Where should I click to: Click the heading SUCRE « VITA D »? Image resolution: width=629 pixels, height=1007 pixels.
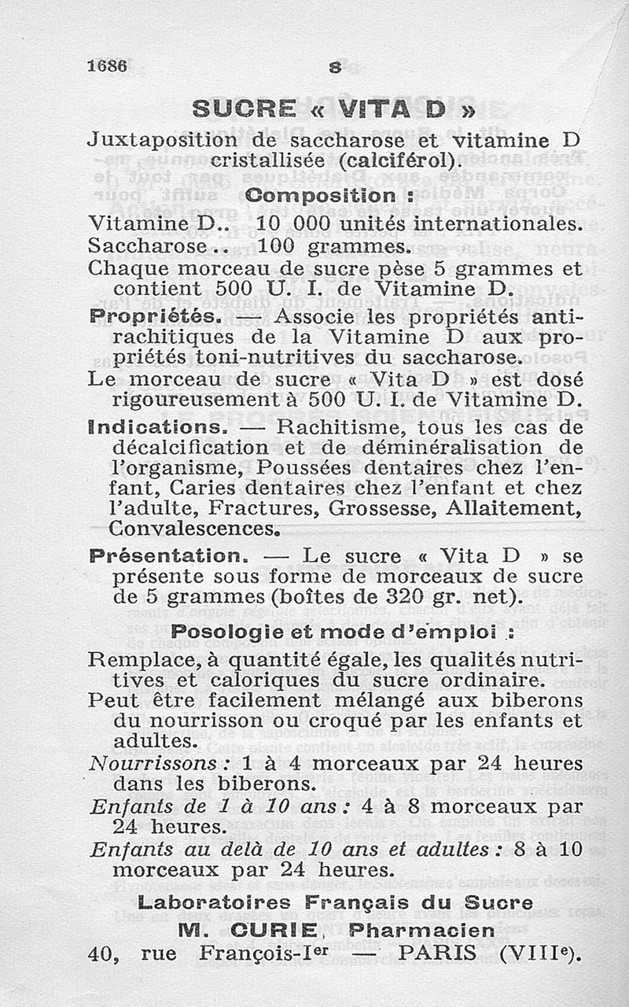pyautogui.click(x=334, y=109)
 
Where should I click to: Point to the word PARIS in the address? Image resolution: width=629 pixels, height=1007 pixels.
pyautogui.click(x=436, y=954)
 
